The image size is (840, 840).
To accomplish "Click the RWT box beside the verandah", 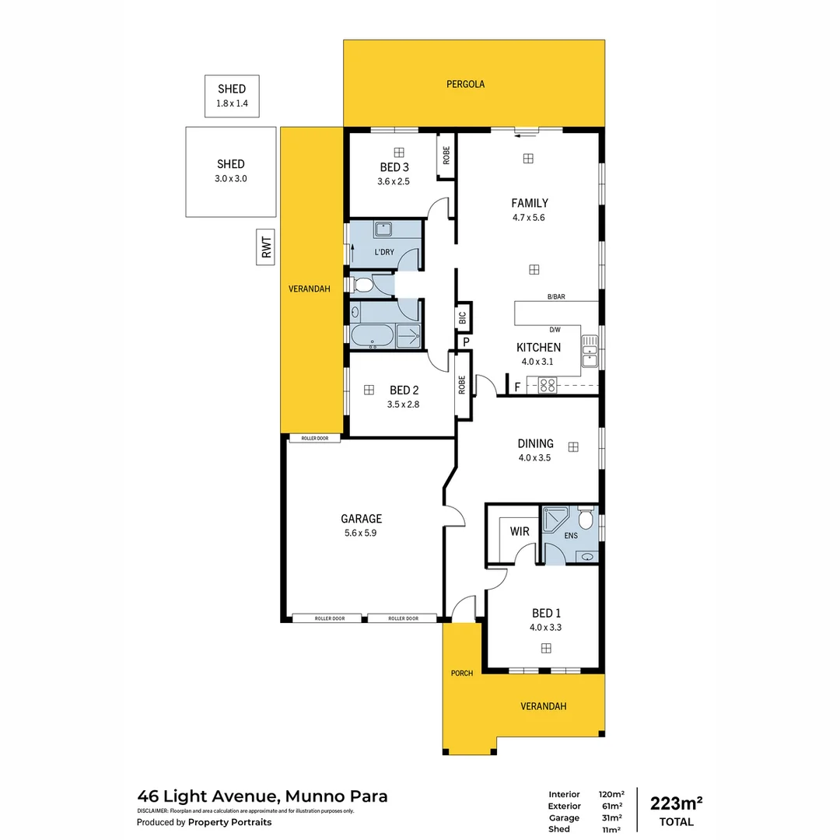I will click(x=268, y=247).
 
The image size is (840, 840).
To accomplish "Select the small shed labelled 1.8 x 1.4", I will click(x=231, y=96).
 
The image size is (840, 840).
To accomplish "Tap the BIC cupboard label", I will click(x=462, y=317).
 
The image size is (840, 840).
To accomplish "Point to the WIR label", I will click(x=520, y=532).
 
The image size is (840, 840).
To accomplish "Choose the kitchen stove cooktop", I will click(x=548, y=383).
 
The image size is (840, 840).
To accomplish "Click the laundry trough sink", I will click(x=384, y=229).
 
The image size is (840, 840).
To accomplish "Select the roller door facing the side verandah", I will click(x=315, y=439).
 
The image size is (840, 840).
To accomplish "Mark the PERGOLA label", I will click(x=466, y=84).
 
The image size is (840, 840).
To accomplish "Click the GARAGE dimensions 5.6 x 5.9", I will click(x=361, y=534).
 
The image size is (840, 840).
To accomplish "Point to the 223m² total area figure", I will click(x=677, y=803).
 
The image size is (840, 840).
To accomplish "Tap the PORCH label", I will click(x=462, y=673).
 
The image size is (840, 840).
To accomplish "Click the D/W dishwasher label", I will click(x=555, y=330).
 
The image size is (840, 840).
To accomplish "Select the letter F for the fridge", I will click(x=517, y=386).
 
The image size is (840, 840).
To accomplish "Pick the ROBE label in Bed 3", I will click(x=446, y=156).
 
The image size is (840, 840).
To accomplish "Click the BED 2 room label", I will click(x=404, y=390).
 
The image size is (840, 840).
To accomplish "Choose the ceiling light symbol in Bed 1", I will click(x=546, y=648).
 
